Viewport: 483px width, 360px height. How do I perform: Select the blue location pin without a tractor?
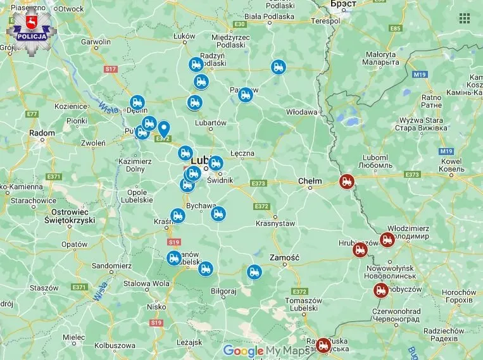(163, 129)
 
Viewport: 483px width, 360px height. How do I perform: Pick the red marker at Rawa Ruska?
(323, 345)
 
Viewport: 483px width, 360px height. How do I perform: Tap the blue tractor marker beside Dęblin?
(137, 102)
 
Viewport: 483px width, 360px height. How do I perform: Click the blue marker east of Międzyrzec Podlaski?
(278, 67)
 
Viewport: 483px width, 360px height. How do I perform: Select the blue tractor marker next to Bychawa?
(218, 214)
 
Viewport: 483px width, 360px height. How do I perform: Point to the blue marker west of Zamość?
(254, 272)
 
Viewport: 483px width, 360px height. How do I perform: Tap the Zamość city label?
(283, 258)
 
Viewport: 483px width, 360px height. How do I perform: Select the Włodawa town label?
(301, 112)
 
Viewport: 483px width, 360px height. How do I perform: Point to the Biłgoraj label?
(223, 292)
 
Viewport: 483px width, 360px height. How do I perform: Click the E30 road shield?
(239, 24)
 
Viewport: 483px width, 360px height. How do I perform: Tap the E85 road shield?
(396, 28)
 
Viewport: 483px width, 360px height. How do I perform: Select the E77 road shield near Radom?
(32, 114)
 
